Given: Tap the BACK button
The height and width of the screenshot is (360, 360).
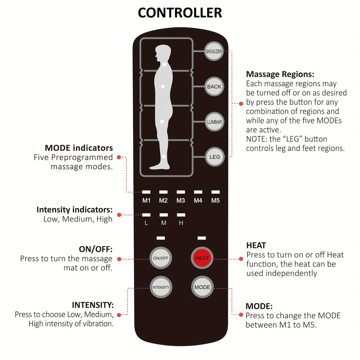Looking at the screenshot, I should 214,86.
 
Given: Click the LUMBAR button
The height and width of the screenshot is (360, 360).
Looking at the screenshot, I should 214,122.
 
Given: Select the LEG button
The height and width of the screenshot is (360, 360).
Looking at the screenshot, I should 214,157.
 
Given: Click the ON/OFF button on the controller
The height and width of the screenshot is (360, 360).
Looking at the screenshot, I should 161,258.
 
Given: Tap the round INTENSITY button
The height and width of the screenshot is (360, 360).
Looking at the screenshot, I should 161,287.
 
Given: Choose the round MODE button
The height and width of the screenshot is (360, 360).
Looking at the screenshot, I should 202,287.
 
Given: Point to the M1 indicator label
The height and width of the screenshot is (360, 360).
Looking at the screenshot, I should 146,201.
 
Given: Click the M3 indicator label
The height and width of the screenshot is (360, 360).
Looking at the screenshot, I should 181,201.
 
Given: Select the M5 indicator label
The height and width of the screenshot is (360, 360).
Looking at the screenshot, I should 216,201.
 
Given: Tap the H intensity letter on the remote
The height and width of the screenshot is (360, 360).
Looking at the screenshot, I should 181,223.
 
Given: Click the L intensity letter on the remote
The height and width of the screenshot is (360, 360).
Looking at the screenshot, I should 146,223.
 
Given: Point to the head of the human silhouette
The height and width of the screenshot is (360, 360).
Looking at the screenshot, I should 163,53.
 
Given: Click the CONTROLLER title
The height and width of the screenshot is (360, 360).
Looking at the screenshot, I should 180,13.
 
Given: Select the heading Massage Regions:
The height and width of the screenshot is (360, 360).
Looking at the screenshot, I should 280,74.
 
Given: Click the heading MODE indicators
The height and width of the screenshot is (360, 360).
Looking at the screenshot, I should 79,148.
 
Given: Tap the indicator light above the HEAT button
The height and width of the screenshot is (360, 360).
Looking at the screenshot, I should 202,238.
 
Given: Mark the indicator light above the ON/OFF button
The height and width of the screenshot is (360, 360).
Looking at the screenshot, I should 161,238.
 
